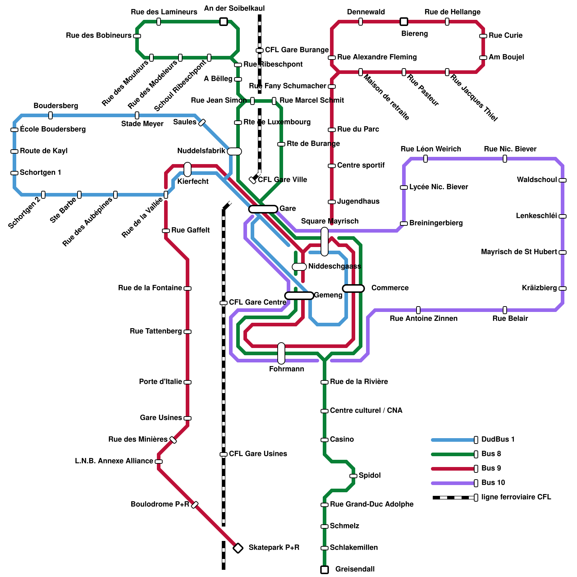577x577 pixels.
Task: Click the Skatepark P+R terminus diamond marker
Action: tap(238, 548)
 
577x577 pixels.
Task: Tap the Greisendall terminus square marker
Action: tap(325, 570)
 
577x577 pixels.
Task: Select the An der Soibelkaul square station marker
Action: tap(224, 22)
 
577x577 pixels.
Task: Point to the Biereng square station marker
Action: tap(404, 22)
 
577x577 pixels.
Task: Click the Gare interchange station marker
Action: tap(263, 209)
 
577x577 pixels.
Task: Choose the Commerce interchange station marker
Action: tap(353, 288)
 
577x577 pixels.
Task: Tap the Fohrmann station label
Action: tap(286, 369)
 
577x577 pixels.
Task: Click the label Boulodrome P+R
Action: tap(160, 504)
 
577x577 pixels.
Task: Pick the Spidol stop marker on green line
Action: tap(353, 476)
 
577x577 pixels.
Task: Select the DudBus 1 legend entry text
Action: tap(498, 439)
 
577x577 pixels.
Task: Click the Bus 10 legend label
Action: tap(493, 483)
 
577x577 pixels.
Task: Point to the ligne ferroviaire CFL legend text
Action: tap(516, 497)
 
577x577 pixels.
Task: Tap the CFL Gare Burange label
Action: tap(297, 50)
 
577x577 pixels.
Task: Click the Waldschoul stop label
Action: tap(537, 180)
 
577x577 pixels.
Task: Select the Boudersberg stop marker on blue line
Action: tap(50, 115)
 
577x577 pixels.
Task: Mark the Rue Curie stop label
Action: tap(505, 35)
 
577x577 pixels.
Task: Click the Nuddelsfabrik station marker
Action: tap(234, 151)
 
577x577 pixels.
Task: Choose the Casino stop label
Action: tap(342, 439)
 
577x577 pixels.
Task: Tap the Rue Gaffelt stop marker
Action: tap(166, 231)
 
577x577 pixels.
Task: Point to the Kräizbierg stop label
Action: tap(539, 288)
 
